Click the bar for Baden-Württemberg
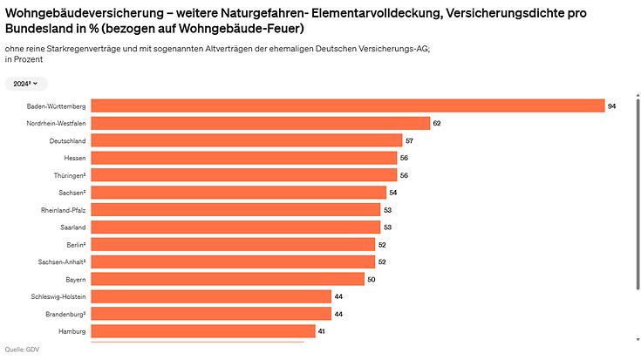(x=348, y=105)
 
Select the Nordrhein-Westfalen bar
(x=261, y=123)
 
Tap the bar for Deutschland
(x=247, y=140)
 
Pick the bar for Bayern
(x=228, y=279)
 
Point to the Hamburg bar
(x=203, y=331)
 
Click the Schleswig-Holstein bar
(x=211, y=296)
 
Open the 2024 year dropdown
(x=25, y=84)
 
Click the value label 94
(x=612, y=105)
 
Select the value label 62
(x=437, y=123)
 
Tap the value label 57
(x=409, y=140)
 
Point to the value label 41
(x=322, y=331)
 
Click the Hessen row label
(x=74, y=158)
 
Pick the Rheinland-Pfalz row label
(x=63, y=210)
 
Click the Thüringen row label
(x=68, y=175)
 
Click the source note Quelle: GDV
(x=22, y=350)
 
